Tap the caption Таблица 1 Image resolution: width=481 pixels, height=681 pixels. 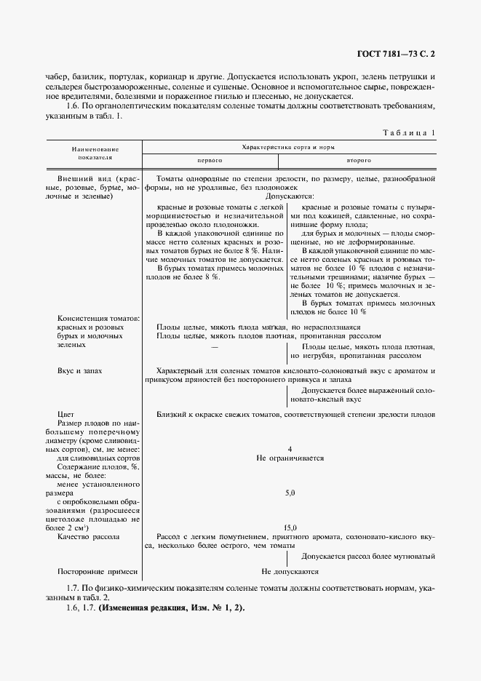click(409, 132)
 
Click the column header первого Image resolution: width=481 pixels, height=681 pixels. click(210, 159)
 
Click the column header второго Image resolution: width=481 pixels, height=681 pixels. click(359, 159)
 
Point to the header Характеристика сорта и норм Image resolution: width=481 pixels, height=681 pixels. click(289, 146)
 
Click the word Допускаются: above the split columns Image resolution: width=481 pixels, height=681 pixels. click(290, 196)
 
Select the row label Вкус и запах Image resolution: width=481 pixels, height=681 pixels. click(79, 370)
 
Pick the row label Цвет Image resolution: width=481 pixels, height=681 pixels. click(67, 414)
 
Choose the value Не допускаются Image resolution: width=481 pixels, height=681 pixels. click(290, 572)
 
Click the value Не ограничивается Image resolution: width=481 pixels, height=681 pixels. click(290, 458)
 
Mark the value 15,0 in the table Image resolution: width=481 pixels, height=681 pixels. click(290, 527)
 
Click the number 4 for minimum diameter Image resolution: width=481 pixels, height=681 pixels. click(290, 449)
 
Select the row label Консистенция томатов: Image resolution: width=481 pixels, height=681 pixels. click(98, 318)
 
